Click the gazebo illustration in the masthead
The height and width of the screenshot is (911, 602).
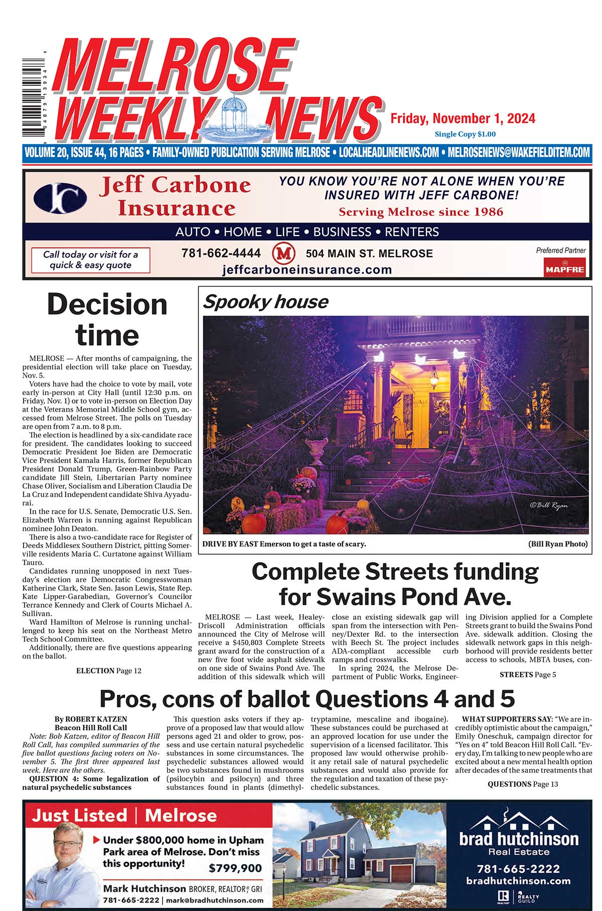tap(235, 117)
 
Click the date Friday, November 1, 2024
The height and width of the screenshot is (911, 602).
tap(463, 119)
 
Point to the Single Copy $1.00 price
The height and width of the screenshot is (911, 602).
tap(465, 134)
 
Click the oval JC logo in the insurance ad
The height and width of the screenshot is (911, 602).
tap(60, 198)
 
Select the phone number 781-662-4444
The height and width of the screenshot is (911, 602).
tap(221, 253)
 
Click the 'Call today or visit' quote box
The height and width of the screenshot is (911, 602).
tap(90, 260)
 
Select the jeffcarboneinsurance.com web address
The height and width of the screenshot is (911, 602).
tap(307, 270)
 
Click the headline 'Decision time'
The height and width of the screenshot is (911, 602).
tap(107, 320)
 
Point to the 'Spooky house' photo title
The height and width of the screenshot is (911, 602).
tap(265, 302)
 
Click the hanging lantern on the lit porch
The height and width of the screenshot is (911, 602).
tap(432, 383)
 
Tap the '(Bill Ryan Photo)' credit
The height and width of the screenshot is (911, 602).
tap(557, 544)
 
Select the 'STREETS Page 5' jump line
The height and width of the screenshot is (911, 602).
tap(527, 674)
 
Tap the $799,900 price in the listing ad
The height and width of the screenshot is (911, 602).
tap(235, 868)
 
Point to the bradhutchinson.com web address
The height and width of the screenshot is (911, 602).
tap(518, 881)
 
